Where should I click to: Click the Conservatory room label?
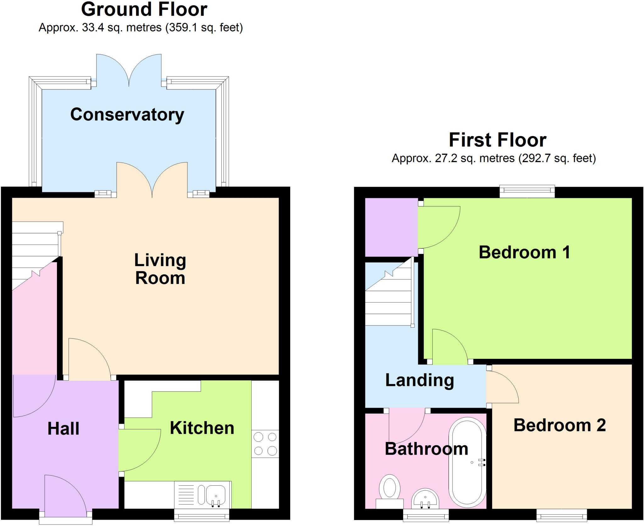[x=127, y=115]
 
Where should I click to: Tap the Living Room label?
[x=160, y=269]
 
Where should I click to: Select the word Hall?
[x=63, y=428]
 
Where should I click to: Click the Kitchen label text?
[x=202, y=428]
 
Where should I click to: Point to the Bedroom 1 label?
[x=524, y=252]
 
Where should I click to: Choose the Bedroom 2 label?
[x=559, y=425]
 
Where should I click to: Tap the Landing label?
[x=419, y=380]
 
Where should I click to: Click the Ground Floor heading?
[x=144, y=9]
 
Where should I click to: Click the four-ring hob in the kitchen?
[x=265, y=444]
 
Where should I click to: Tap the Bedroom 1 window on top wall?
[x=527, y=191]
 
